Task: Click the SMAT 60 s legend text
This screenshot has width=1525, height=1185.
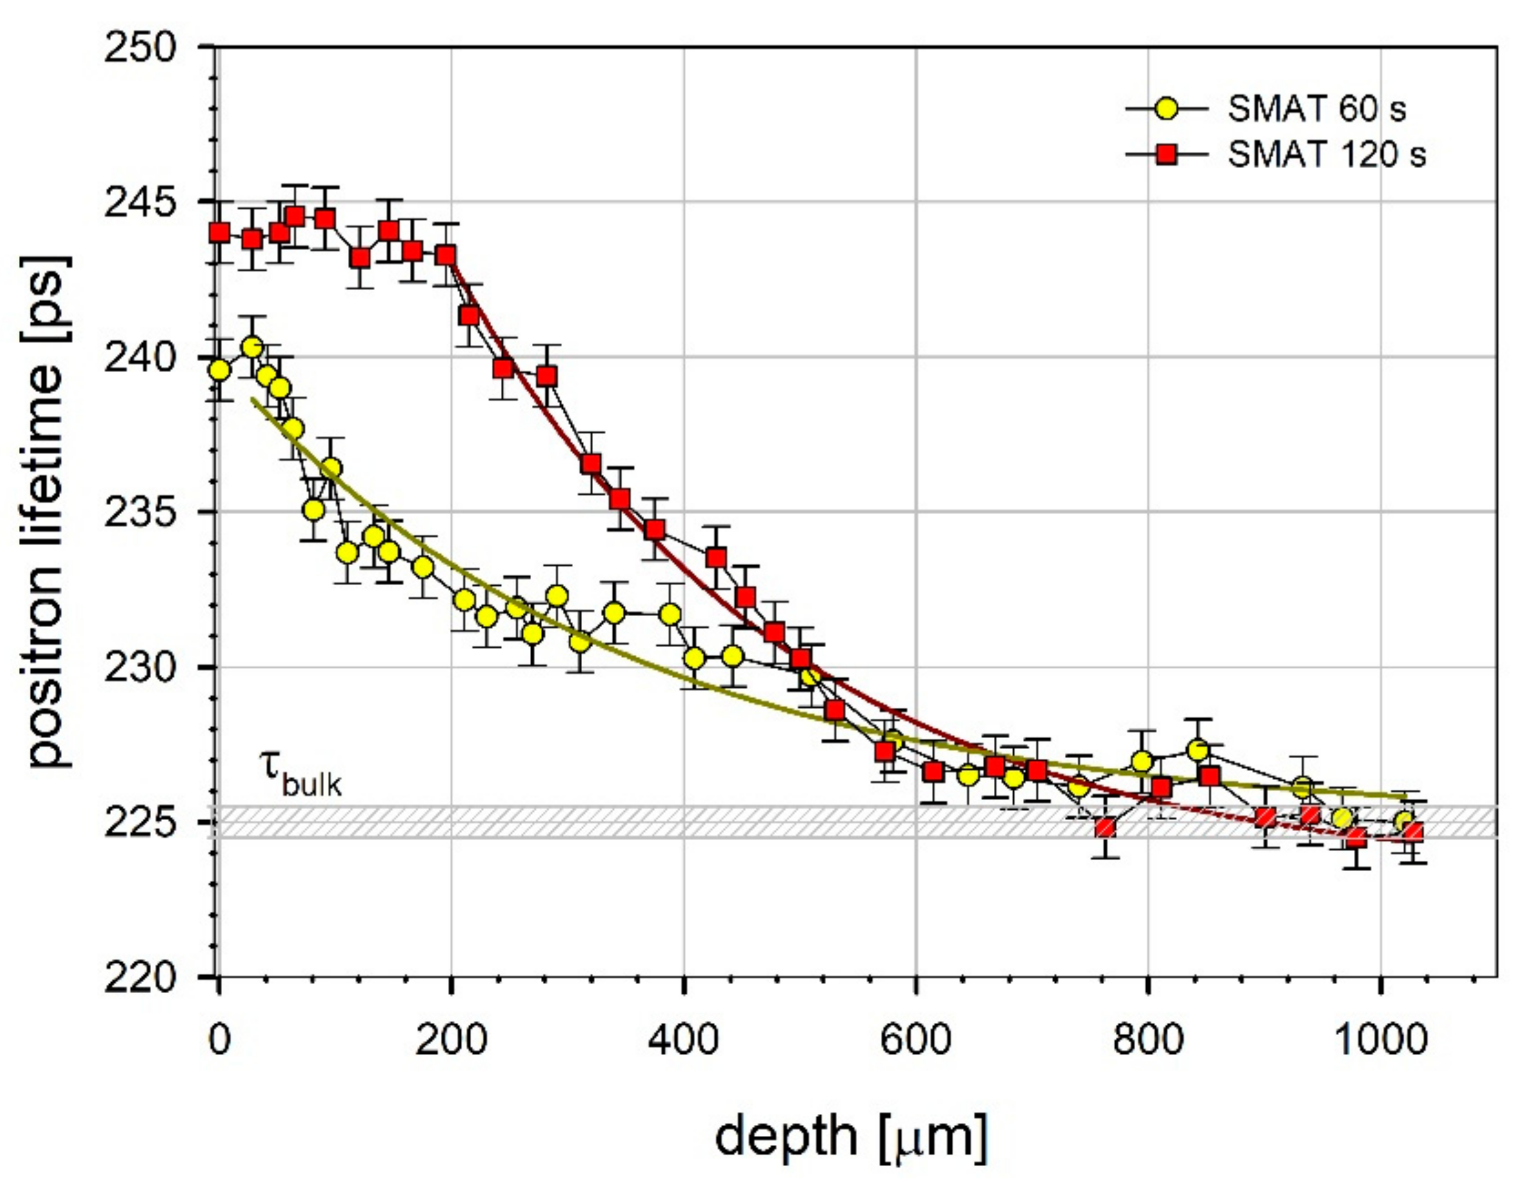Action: coord(1316,110)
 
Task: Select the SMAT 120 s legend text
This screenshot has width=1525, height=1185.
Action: coord(1326,155)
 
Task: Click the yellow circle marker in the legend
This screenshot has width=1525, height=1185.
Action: coord(1167,110)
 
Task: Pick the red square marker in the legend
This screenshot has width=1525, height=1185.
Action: coord(1167,155)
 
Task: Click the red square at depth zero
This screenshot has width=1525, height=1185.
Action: coord(220,233)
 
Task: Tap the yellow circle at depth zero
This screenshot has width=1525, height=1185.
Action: coord(219,370)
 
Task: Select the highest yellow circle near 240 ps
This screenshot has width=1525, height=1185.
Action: coord(252,347)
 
